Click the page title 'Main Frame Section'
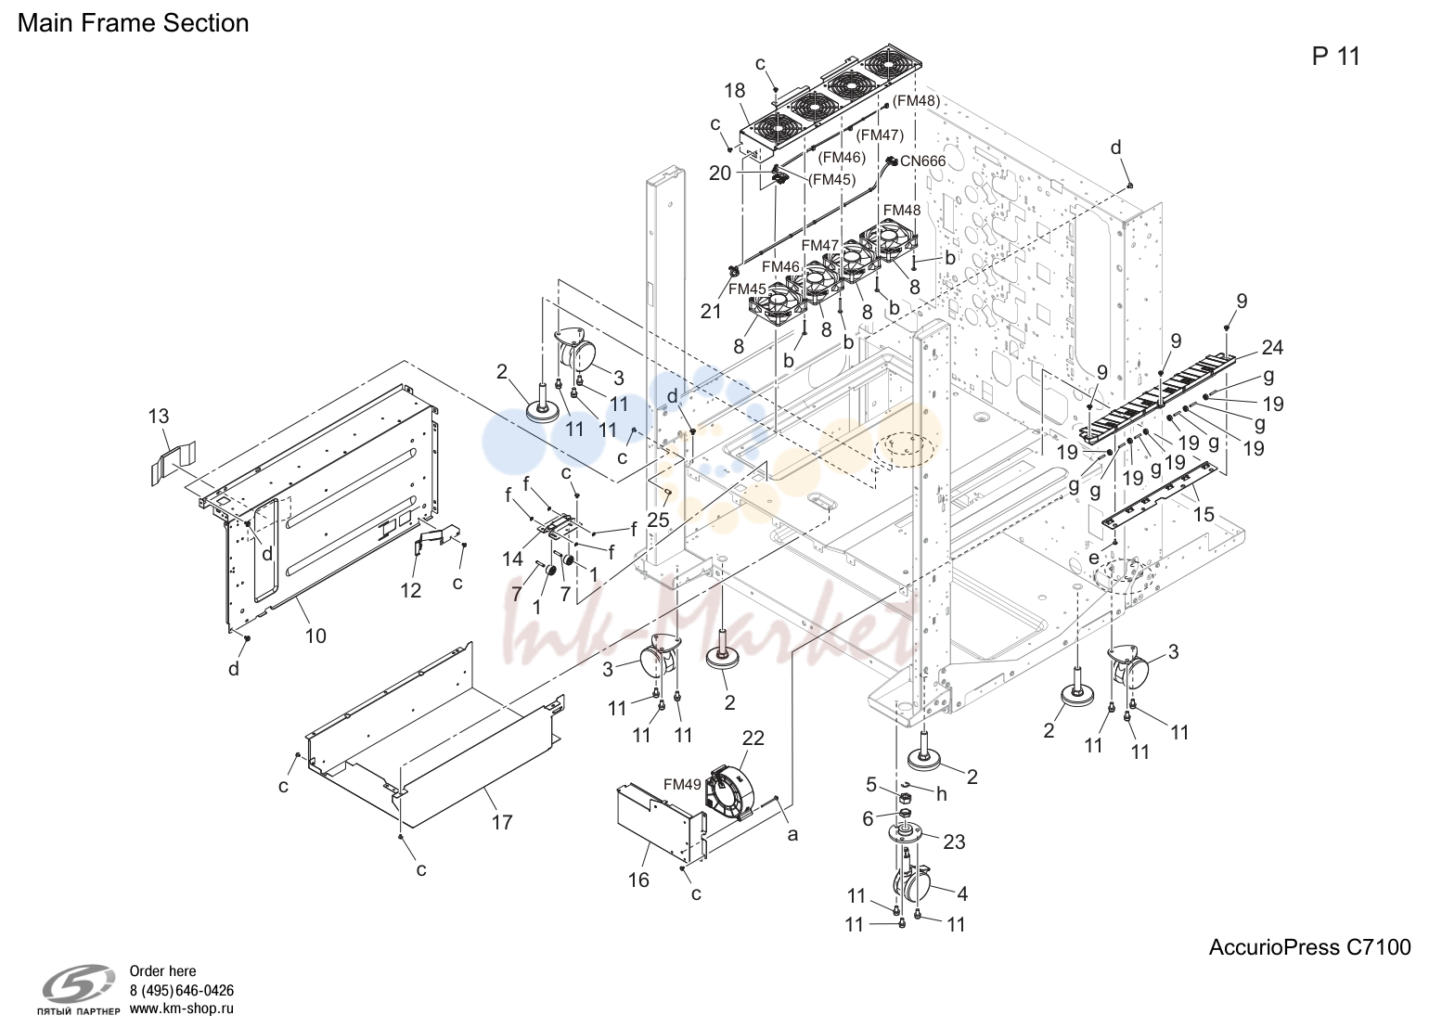(x=133, y=23)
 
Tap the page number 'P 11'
(x=1336, y=57)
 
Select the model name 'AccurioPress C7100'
(x=1309, y=947)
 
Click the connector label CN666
(x=922, y=161)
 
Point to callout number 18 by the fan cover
(x=735, y=91)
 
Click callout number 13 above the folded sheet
(x=159, y=416)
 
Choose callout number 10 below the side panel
(x=315, y=636)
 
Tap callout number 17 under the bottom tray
(x=502, y=822)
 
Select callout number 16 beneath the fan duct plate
(x=638, y=880)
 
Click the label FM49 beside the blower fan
(x=682, y=784)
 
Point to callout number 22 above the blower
(x=753, y=738)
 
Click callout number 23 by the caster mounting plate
(x=954, y=842)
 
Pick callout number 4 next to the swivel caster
(x=962, y=894)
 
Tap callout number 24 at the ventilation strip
(x=1273, y=348)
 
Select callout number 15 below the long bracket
(x=1204, y=514)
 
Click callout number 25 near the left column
(x=659, y=520)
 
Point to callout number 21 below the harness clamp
(x=712, y=311)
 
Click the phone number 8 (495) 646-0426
(x=182, y=991)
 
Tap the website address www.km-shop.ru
(x=182, y=1009)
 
